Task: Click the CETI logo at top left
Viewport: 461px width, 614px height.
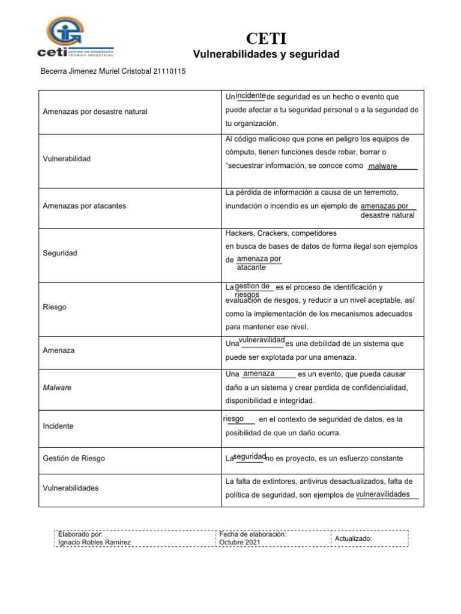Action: tap(74, 37)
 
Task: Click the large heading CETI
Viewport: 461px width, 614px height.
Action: tap(266, 40)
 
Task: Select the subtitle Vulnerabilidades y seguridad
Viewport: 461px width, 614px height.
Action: tap(266, 55)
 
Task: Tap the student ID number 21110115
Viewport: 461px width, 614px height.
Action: tap(170, 71)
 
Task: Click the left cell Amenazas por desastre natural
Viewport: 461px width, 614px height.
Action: tap(95, 112)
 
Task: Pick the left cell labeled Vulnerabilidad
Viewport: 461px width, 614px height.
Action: tap(67, 159)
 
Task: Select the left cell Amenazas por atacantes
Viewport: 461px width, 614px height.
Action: tap(89, 206)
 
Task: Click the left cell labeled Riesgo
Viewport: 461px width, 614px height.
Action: tap(55, 307)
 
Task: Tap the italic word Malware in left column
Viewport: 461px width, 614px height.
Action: tap(57, 387)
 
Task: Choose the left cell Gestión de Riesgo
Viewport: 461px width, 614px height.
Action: tap(74, 458)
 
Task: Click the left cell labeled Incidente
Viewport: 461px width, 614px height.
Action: tap(58, 426)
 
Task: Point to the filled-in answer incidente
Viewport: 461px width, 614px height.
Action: tap(251, 96)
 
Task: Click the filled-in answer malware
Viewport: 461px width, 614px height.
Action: tap(382, 166)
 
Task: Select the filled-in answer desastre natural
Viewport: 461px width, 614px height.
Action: tap(387, 215)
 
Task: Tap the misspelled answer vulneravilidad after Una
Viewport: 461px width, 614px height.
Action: tap(261, 341)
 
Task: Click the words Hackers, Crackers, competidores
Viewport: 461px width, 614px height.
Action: tap(281, 233)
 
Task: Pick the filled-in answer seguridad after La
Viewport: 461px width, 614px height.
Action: tap(249, 457)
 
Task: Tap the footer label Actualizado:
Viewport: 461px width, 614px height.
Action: tap(354, 538)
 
